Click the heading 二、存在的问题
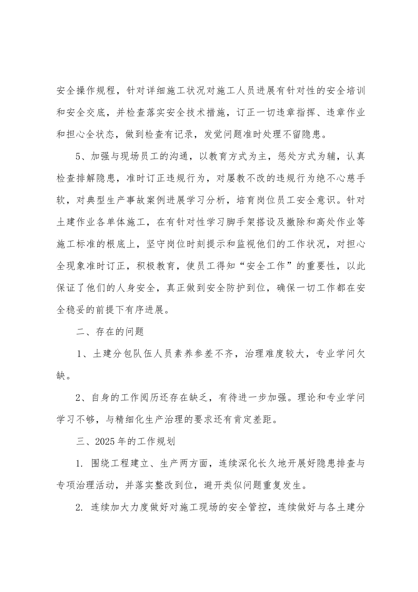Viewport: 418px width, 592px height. [110, 332]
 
